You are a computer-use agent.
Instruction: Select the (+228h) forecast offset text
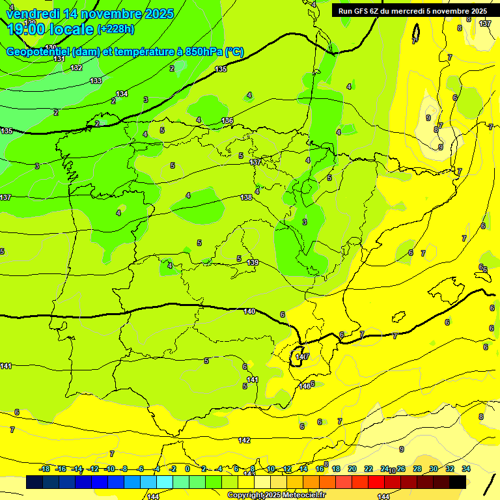click(116, 29)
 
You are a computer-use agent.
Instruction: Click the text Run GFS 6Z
click(359, 11)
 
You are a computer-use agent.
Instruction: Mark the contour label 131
click(59, 59)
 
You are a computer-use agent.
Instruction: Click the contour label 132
click(76, 68)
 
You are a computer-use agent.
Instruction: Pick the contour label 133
click(96, 81)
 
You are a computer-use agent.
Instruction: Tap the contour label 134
click(122, 94)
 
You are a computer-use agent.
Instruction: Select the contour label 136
click(227, 120)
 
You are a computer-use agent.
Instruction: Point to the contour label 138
click(246, 197)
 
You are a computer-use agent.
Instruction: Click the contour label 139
click(253, 262)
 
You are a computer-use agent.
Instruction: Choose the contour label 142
click(244, 441)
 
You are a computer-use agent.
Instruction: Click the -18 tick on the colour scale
click(45, 469)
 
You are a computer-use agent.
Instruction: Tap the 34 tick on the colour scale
click(465, 469)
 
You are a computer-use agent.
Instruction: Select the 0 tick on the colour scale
click(187, 469)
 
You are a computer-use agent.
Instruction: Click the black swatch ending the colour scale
click(458, 482)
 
